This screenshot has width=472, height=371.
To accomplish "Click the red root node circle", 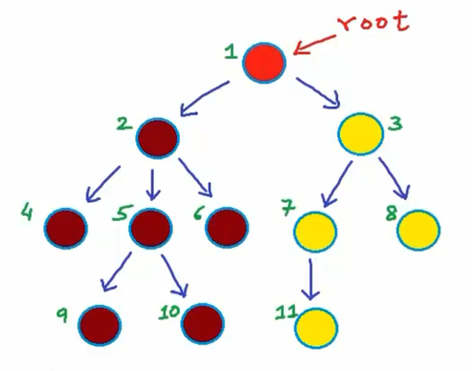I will coord(264,62).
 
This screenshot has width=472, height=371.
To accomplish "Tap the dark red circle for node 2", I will coord(158,136).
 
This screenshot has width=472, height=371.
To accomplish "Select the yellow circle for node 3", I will coord(361,134).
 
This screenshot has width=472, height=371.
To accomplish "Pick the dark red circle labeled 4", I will coord(65,227).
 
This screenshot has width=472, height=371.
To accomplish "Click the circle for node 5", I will coord(150,227).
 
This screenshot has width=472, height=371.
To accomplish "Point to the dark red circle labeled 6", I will coord(227,227).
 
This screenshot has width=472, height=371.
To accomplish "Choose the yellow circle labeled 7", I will coord(315,231).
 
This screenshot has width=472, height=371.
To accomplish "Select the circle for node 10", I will coord(203,322).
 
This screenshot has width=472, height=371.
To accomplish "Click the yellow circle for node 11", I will coord(316,326).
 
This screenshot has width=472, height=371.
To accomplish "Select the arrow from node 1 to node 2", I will coord(203,97).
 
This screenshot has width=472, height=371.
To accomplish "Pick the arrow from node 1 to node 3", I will coord(317,94).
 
